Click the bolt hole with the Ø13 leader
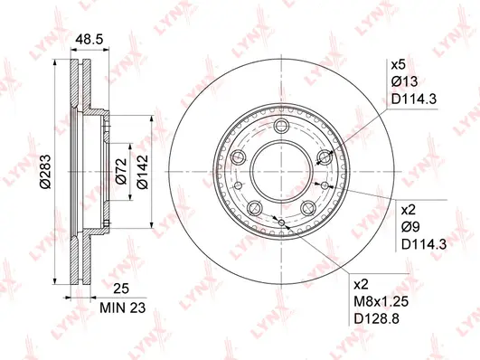coord(322,157)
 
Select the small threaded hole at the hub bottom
coord(282,222)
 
